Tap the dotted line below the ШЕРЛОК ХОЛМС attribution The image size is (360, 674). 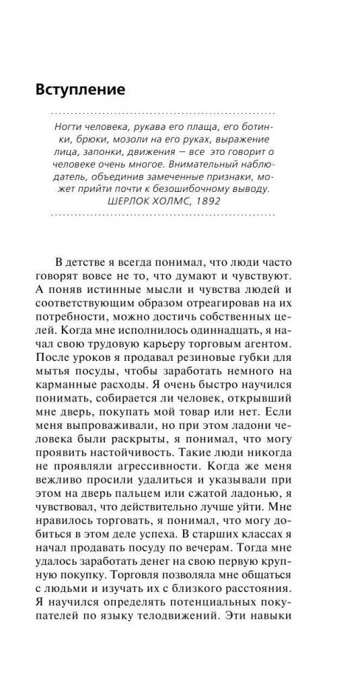(x=163, y=215)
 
